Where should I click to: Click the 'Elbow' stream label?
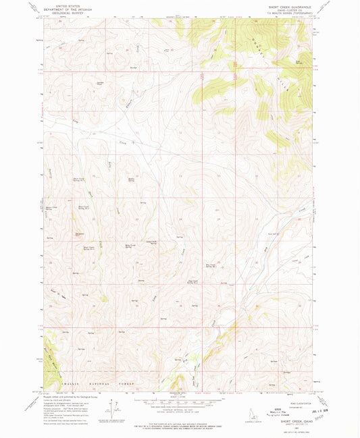(x=129, y=105)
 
